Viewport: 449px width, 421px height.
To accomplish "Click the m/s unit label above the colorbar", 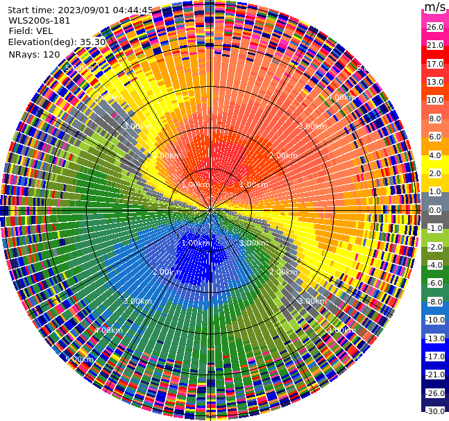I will (434, 7).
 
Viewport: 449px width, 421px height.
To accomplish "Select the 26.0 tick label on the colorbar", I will (434, 27).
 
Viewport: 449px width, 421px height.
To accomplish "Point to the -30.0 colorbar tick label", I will (434, 411).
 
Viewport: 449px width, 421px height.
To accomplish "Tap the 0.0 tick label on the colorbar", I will (434, 210).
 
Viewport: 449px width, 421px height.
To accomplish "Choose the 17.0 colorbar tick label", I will (434, 64).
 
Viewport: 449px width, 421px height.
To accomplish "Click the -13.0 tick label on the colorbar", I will (434, 338).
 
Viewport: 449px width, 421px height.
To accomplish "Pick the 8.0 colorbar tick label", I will (434, 119).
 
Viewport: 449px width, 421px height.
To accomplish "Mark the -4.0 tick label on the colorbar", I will (434, 265).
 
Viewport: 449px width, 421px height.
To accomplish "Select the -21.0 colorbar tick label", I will (434, 375).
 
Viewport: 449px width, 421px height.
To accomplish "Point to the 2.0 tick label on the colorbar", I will (434, 173).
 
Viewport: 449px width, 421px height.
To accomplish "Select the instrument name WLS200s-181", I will (40, 20).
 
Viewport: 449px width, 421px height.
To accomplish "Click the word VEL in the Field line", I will (44, 31).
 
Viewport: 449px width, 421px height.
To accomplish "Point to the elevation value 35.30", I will (93, 42).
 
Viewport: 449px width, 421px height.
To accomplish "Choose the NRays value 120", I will (51, 54).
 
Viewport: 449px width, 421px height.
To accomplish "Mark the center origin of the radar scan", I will (210, 210).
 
